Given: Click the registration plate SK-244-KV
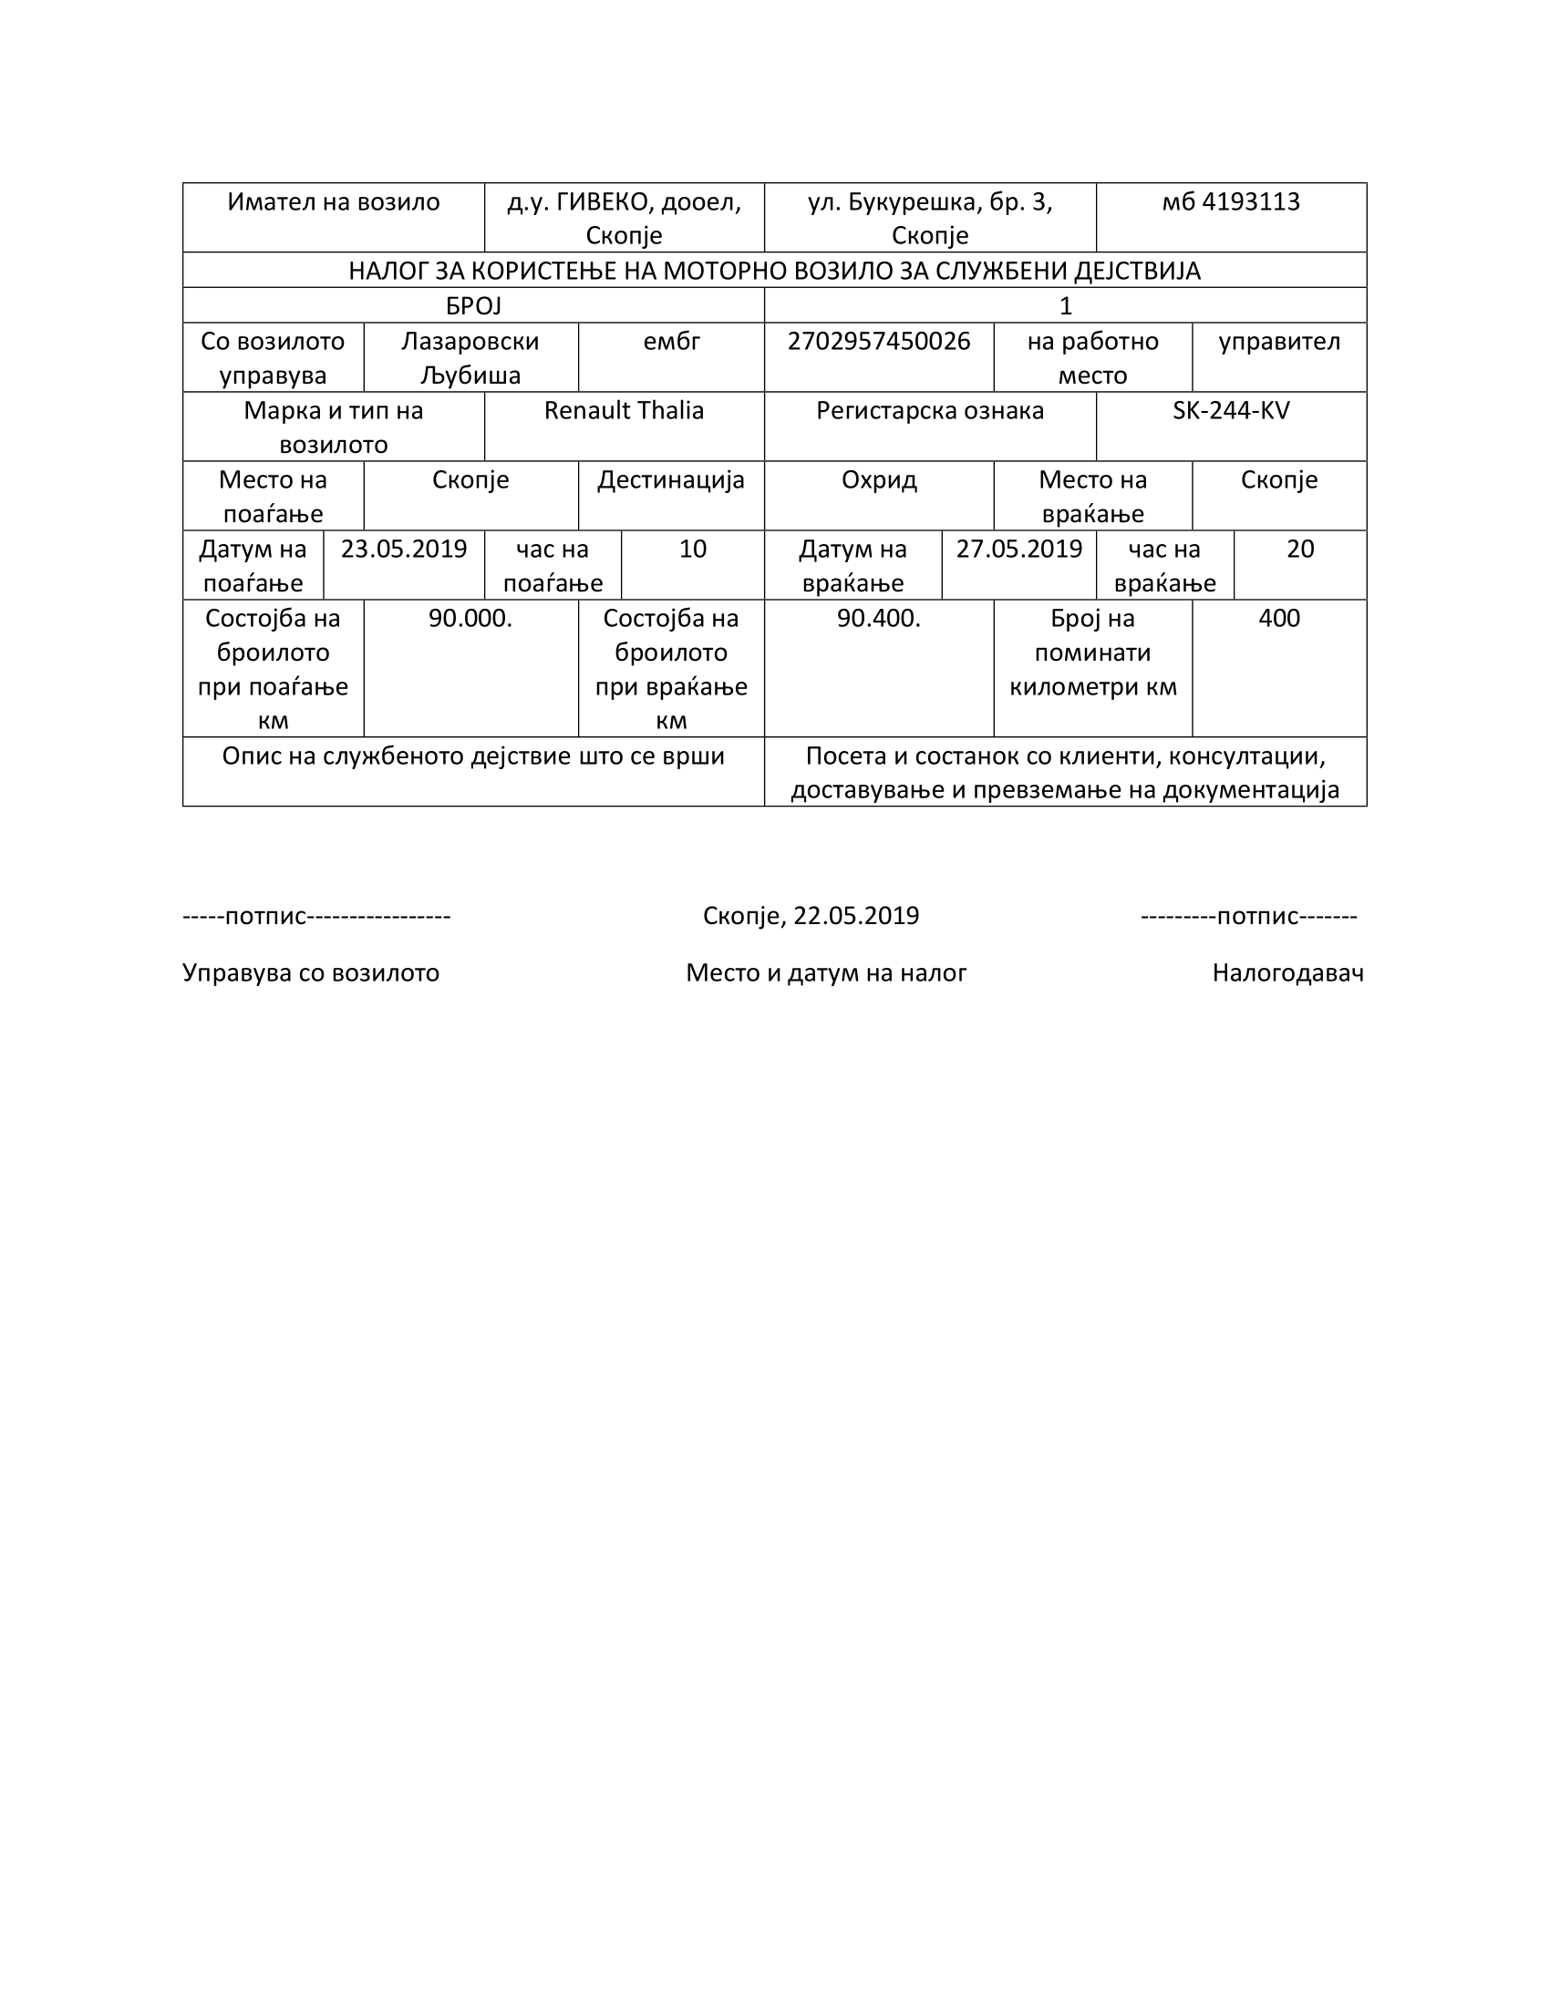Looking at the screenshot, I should click(1231, 410).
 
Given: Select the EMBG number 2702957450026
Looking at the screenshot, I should click(879, 342).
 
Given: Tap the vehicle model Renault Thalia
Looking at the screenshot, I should click(624, 410).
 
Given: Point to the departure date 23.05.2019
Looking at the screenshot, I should click(404, 549).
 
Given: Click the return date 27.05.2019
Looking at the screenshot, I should click(1019, 549).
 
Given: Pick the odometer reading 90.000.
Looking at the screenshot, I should click(470, 618).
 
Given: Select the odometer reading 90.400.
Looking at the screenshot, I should click(879, 618).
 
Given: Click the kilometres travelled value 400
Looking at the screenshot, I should click(1279, 618).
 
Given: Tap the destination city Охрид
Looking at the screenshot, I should click(879, 480).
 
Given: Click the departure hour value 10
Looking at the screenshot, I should click(692, 549).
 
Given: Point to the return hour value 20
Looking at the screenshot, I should click(1300, 549).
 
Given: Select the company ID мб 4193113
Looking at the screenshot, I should click(1231, 202).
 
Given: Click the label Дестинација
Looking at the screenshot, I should click(671, 480).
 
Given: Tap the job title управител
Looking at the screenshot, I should click(1279, 342).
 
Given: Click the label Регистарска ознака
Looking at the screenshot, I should click(930, 410).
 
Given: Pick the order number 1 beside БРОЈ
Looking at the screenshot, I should click(1065, 305).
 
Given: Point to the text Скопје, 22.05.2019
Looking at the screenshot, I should click(811, 915).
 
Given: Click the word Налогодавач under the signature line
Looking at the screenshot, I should click(1287, 972).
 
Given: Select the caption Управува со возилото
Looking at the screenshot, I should click(311, 972).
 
